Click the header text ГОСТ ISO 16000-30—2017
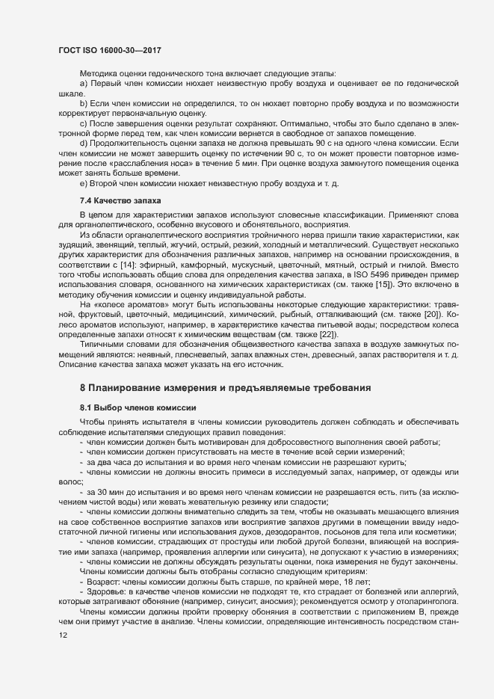(x=110, y=50)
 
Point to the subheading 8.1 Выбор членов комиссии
(x=138, y=407)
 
